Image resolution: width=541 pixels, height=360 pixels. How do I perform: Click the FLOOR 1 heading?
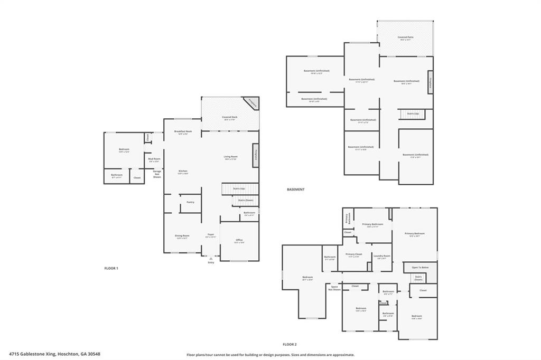pos(111,268)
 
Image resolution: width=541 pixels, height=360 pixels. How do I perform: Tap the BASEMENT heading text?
pos(295,189)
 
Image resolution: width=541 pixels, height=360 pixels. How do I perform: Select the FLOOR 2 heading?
pos(290,344)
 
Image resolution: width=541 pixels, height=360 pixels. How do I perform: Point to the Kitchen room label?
pos(183,171)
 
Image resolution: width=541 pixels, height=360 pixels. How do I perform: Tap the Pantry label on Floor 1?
pos(190,202)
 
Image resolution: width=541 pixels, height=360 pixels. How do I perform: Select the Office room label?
pos(239,240)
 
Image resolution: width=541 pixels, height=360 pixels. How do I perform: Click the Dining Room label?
pos(182,235)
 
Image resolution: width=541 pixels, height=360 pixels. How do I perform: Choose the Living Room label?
pos(231,156)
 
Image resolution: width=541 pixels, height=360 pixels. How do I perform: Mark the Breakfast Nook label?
pos(183,131)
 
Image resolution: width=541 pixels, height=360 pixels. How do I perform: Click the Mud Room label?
pos(154,159)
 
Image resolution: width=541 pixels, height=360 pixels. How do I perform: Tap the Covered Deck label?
pos(229,117)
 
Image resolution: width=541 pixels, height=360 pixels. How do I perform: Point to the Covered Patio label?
pos(405,37)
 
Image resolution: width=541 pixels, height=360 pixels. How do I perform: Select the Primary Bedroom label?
pos(415,233)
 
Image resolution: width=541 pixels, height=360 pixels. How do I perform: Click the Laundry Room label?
pos(381,256)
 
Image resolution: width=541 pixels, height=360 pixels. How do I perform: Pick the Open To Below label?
pos(420,267)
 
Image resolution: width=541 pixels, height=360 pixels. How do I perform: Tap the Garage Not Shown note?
pos(157,174)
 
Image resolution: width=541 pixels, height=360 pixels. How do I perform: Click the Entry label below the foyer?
pos(211,262)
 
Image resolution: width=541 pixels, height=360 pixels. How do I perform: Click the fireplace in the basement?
pos(430,82)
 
